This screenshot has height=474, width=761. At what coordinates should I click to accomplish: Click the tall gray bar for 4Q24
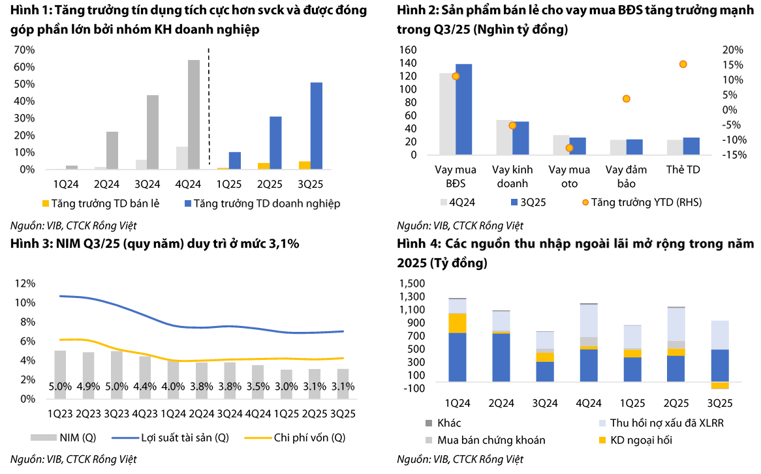(x=194, y=114)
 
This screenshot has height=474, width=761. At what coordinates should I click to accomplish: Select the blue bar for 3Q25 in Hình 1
(x=316, y=126)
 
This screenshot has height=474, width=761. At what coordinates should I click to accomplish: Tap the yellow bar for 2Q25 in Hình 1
(x=263, y=166)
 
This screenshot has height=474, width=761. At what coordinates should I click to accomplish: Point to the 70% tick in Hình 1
(x=24, y=50)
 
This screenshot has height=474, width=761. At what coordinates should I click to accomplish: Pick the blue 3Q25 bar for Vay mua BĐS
(x=464, y=110)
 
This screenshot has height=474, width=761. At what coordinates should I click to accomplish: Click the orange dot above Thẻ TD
(x=683, y=64)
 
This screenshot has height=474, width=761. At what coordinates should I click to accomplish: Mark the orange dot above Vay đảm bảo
(x=626, y=98)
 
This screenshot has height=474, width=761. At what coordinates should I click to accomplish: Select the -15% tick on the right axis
(x=735, y=155)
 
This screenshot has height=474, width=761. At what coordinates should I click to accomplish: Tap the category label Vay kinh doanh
(x=512, y=177)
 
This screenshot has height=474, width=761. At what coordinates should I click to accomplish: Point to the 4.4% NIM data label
(x=145, y=387)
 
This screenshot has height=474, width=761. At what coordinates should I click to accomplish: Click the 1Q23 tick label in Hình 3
(x=60, y=413)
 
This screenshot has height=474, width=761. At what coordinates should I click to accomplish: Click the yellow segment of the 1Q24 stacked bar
(x=457, y=323)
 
